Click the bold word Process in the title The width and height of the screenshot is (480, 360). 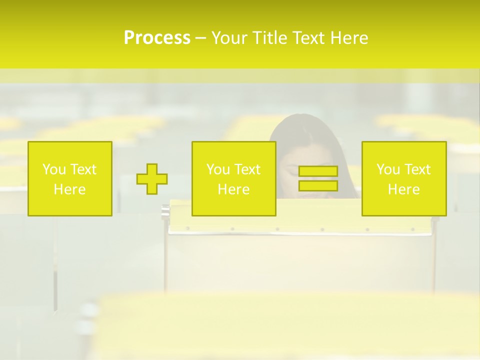tap(157, 38)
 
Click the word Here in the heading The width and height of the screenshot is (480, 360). tap(350, 38)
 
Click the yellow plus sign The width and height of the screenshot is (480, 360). tap(152, 179)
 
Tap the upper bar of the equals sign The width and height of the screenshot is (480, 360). tap(318, 171)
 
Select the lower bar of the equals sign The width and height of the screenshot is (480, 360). tap(318, 186)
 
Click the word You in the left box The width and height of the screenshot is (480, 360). tap(54, 169)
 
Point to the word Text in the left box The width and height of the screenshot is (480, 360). tap(83, 169)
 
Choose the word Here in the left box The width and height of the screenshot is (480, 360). tap(69, 189)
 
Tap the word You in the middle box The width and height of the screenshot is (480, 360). tap(218, 169)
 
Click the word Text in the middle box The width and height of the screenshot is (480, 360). tap(247, 169)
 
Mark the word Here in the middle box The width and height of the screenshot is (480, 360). tap(233, 189)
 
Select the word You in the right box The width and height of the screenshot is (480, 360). tap(388, 169)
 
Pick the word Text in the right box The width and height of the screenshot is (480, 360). tap(417, 169)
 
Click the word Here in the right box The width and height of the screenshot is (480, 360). tap(403, 189)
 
